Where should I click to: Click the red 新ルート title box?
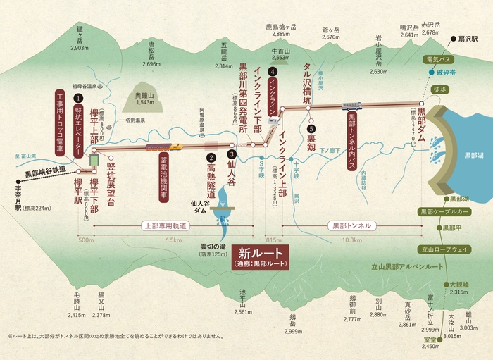point(260,256)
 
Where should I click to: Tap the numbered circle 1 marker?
point(78,100)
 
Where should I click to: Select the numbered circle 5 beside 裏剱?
point(311,130)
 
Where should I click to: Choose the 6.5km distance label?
point(173,240)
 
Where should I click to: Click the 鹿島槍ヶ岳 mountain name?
point(282,27)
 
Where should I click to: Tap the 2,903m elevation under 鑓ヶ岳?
point(80,48)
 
